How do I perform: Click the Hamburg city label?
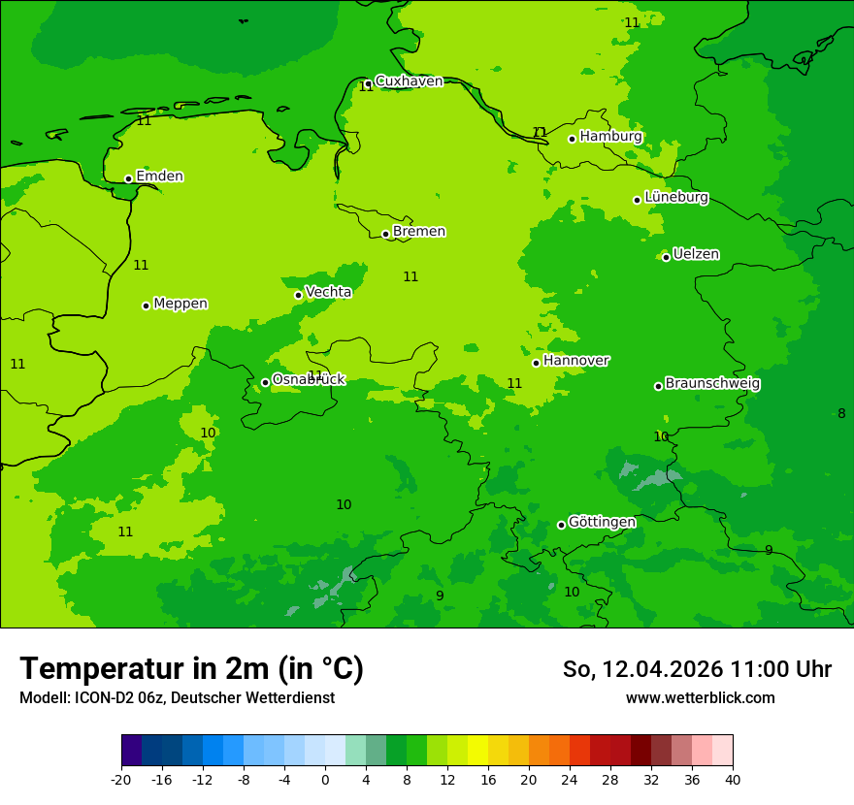pyautogui.click(x=610, y=137)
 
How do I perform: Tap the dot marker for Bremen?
pyautogui.click(x=385, y=234)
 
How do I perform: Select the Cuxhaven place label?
pyautogui.click(x=409, y=81)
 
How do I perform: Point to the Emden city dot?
pyautogui.click(x=128, y=178)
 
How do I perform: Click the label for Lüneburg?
pyautogui.click(x=675, y=198)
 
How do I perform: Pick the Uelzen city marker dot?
pyautogui.click(x=666, y=257)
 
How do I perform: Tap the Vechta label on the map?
pyautogui.click(x=328, y=292)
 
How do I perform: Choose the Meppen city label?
pyautogui.click(x=181, y=304)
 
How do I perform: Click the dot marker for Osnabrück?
pyautogui.click(x=265, y=382)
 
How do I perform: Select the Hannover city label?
pyautogui.click(x=575, y=361)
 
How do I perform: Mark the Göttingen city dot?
pyautogui.click(x=561, y=525)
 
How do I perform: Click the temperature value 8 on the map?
pyautogui.click(x=841, y=414)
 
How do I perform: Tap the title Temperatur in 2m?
pyautogui.click(x=191, y=669)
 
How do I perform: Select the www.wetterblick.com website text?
pyautogui.click(x=700, y=698)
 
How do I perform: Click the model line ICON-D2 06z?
pyautogui.click(x=177, y=698)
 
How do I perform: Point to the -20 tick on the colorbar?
pyautogui.click(x=121, y=780)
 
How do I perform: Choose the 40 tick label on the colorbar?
pyautogui.click(x=733, y=780)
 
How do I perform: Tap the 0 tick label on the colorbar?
pyautogui.click(x=325, y=780)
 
